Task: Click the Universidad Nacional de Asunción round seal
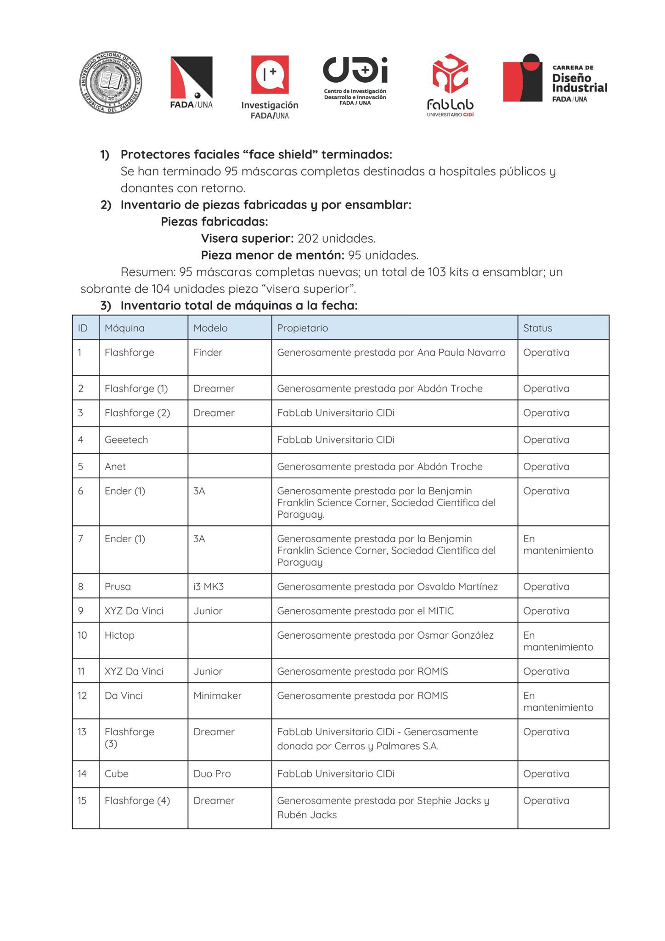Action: pos(111,83)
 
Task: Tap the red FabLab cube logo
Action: pos(450,74)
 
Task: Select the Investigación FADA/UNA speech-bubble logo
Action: pos(270,74)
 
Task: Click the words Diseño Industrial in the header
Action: pos(579,83)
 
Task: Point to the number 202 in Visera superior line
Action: pos(308,238)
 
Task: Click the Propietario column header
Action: pos(302,328)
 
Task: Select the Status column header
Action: pos(537,328)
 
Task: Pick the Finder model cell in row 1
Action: pos(208,352)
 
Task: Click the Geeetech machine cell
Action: pos(126,440)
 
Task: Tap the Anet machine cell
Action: pos(115,466)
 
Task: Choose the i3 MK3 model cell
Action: pos(209,587)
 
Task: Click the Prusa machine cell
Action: pos(118,587)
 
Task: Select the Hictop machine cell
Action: pos(119,635)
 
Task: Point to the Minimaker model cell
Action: pos(217,696)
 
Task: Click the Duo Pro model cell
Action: pos(212,774)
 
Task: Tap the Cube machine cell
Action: pos(117,774)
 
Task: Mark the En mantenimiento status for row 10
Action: pos(558,641)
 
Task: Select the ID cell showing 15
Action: pos(82,801)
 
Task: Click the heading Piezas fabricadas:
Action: pos(214,222)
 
